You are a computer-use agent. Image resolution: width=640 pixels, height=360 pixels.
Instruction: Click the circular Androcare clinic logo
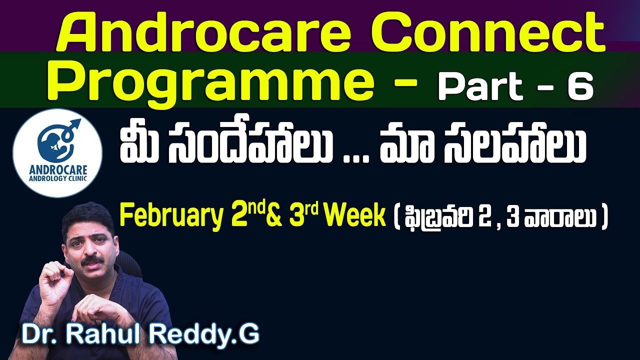[x=57, y=153]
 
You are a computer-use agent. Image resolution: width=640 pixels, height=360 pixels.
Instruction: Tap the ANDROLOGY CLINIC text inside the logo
[x=57, y=176]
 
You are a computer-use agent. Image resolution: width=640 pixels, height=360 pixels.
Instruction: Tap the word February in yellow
[x=170, y=217]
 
